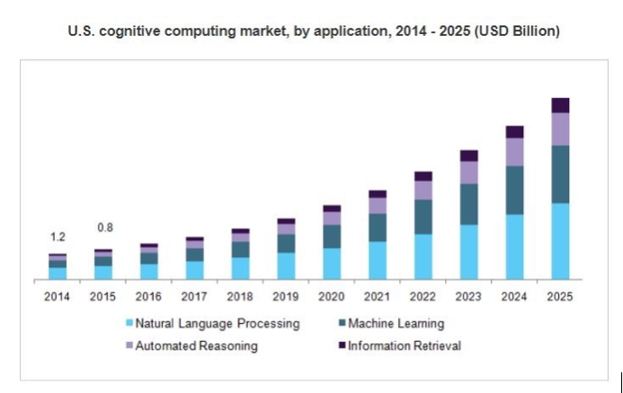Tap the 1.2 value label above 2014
point(58,237)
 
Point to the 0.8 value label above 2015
point(104,228)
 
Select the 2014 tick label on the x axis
point(58,296)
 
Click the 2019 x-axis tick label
point(286,296)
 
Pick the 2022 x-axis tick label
point(423,296)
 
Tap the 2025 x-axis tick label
point(560,296)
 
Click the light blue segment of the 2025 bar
point(560,241)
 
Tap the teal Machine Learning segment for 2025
point(560,174)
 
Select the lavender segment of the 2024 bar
point(514,152)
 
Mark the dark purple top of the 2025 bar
point(560,104)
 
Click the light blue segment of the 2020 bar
point(332,263)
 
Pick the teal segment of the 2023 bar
point(468,204)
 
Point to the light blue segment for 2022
point(423,256)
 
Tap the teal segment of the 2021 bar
point(378,227)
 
